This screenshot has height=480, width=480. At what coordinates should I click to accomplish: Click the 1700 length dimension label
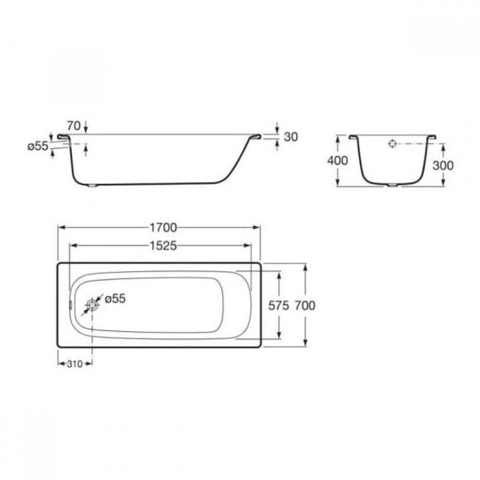(163, 228)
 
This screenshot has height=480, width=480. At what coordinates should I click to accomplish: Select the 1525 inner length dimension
(163, 245)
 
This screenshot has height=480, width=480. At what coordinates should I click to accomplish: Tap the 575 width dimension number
(278, 305)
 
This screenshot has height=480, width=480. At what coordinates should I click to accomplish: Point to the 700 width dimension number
(305, 305)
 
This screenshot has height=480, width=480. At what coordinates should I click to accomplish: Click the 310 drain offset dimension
(75, 364)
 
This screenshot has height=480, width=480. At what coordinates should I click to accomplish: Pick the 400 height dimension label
(337, 160)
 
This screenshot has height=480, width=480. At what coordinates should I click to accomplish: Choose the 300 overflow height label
(443, 165)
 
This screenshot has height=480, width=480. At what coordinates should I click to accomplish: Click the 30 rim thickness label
(291, 137)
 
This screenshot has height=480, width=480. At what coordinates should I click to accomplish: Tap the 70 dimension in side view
(74, 125)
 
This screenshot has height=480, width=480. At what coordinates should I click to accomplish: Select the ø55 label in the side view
(38, 146)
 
